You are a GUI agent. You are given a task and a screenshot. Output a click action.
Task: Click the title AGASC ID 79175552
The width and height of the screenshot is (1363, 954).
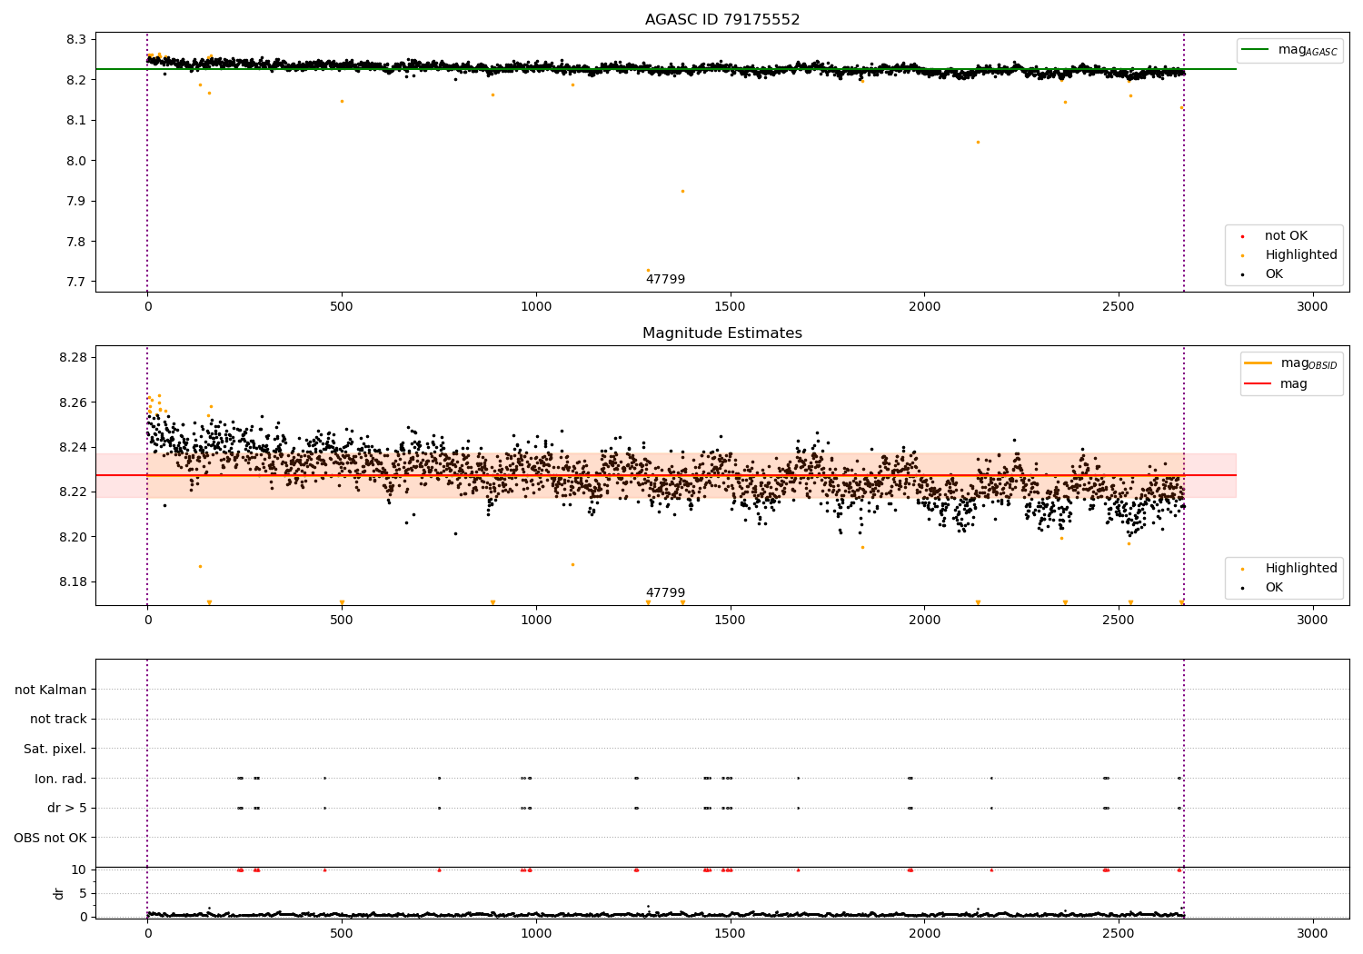point(722,20)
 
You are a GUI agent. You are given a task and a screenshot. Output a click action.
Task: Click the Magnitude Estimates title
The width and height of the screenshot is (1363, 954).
point(722,333)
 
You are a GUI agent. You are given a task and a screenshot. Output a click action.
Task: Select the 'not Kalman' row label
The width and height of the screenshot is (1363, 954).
point(51,690)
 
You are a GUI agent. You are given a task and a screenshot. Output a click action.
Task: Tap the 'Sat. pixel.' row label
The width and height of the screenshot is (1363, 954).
point(55,749)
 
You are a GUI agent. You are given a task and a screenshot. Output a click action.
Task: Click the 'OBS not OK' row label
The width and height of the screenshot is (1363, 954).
point(51,838)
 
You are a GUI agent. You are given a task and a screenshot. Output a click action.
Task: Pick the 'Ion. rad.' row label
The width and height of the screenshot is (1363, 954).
point(61,779)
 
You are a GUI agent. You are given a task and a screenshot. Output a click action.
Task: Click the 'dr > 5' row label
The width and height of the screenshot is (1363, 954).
point(67,808)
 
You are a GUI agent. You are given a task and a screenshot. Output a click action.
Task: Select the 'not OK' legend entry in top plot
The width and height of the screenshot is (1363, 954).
point(1286,236)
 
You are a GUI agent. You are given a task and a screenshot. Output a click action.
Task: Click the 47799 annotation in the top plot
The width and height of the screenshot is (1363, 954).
point(665,280)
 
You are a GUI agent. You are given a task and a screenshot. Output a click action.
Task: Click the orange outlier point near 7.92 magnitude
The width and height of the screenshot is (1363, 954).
point(682,191)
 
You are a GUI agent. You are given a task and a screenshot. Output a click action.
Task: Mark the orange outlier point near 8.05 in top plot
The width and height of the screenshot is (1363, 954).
point(978,142)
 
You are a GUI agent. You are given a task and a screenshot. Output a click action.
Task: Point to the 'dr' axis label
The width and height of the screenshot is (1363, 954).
point(59,893)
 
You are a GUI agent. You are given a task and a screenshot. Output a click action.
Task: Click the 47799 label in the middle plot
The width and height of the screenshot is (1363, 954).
point(665,593)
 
